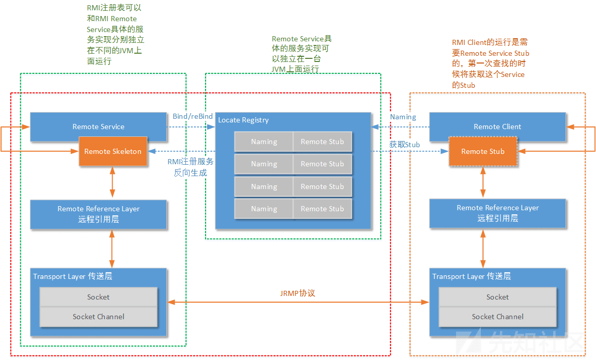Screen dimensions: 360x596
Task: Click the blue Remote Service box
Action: (x=98, y=127)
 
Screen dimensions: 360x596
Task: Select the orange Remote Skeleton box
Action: (x=113, y=151)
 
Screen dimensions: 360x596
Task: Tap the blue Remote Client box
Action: (x=497, y=127)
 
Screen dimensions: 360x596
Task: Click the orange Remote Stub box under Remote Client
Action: (x=482, y=151)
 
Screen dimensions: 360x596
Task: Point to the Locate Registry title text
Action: (x=243, y=120)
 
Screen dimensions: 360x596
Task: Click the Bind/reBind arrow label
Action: (x=193, y=117)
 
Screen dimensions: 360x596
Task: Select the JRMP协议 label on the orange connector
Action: (x=297, y=293)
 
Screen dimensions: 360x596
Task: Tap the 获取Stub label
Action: (x=404, y=145)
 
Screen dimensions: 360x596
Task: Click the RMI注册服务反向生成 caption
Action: (x=190, y=167)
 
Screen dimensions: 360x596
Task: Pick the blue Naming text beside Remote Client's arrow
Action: (x=403, y=117)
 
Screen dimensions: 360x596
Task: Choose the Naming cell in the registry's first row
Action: (x=264, y=142)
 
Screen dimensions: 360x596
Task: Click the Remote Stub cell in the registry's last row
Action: (x=322, y=209)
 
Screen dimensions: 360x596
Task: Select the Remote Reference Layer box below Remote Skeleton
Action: (x=98, y=214)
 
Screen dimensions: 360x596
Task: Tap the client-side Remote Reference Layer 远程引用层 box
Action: (x=497, y=213)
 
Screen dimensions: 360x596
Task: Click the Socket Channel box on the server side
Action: (x=98, y=317)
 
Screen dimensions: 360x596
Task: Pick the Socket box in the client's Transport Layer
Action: (x=497, y=297)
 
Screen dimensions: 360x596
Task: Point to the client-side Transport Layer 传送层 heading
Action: (x=472, y=276)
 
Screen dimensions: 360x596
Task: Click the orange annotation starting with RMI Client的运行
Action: (x=490, y=64)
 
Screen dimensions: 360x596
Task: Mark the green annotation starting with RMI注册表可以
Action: (x=115, y=35)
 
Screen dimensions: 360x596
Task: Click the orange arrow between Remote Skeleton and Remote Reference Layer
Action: (x=113, y=183)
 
